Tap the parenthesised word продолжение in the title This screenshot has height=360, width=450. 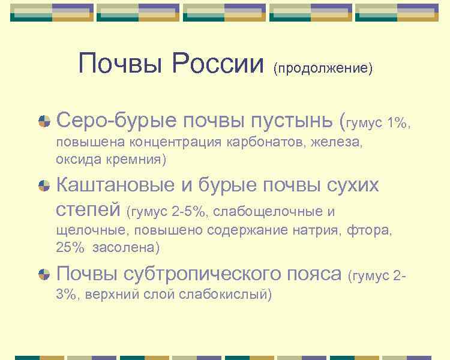click(x=323, y=67)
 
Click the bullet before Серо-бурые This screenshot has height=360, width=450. click(x=44, y=122)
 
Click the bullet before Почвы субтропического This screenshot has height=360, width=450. click(x=44, y=274)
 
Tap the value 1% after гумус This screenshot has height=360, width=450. click(x=397, y=123)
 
